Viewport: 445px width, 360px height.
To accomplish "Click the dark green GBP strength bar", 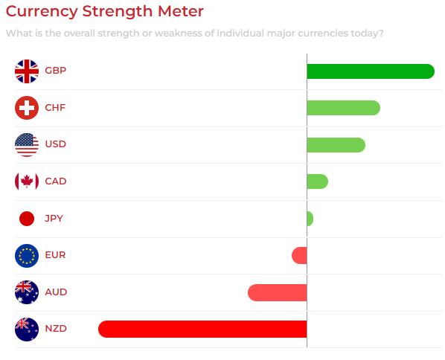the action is click(x=371, y=71).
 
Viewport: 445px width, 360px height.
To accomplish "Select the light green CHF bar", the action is click(x=343, y=108).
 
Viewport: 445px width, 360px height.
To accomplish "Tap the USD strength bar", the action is click(x=336, y=145).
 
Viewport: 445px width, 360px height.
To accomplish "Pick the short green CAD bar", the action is click(x=318, y=181).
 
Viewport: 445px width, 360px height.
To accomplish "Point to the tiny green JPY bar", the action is click(x=310, y=219).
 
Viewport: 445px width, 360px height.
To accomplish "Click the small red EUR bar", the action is click(x=299, y=255).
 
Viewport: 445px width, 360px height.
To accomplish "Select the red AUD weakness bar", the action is click(x=278, y=292).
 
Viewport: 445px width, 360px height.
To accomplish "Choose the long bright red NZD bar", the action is click(x=202, y=329).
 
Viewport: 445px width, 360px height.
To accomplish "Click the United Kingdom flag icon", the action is click(x=27, y=71).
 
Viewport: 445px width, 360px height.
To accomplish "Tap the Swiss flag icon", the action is click(x=27, y=108).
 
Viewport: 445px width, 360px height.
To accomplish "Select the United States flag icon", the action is click(x=27, y=145).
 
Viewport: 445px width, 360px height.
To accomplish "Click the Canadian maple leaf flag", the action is click(x=27, y=181).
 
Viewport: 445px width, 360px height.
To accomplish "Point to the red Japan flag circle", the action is click(x=27, y=219).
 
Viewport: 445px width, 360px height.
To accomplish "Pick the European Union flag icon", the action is click(x=27, y=256).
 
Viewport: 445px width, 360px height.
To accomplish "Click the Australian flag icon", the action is click(x=27, y=292).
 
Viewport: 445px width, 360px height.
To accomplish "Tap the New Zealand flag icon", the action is click(x=27, y=329).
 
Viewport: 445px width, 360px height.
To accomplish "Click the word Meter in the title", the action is click(x=181, y=11).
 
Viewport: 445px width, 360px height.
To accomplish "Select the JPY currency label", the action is click(x=54, y=219).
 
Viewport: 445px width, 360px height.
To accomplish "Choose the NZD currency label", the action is click(x=56, y=329).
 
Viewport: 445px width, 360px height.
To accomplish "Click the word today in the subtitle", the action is click(x=365, y=33).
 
